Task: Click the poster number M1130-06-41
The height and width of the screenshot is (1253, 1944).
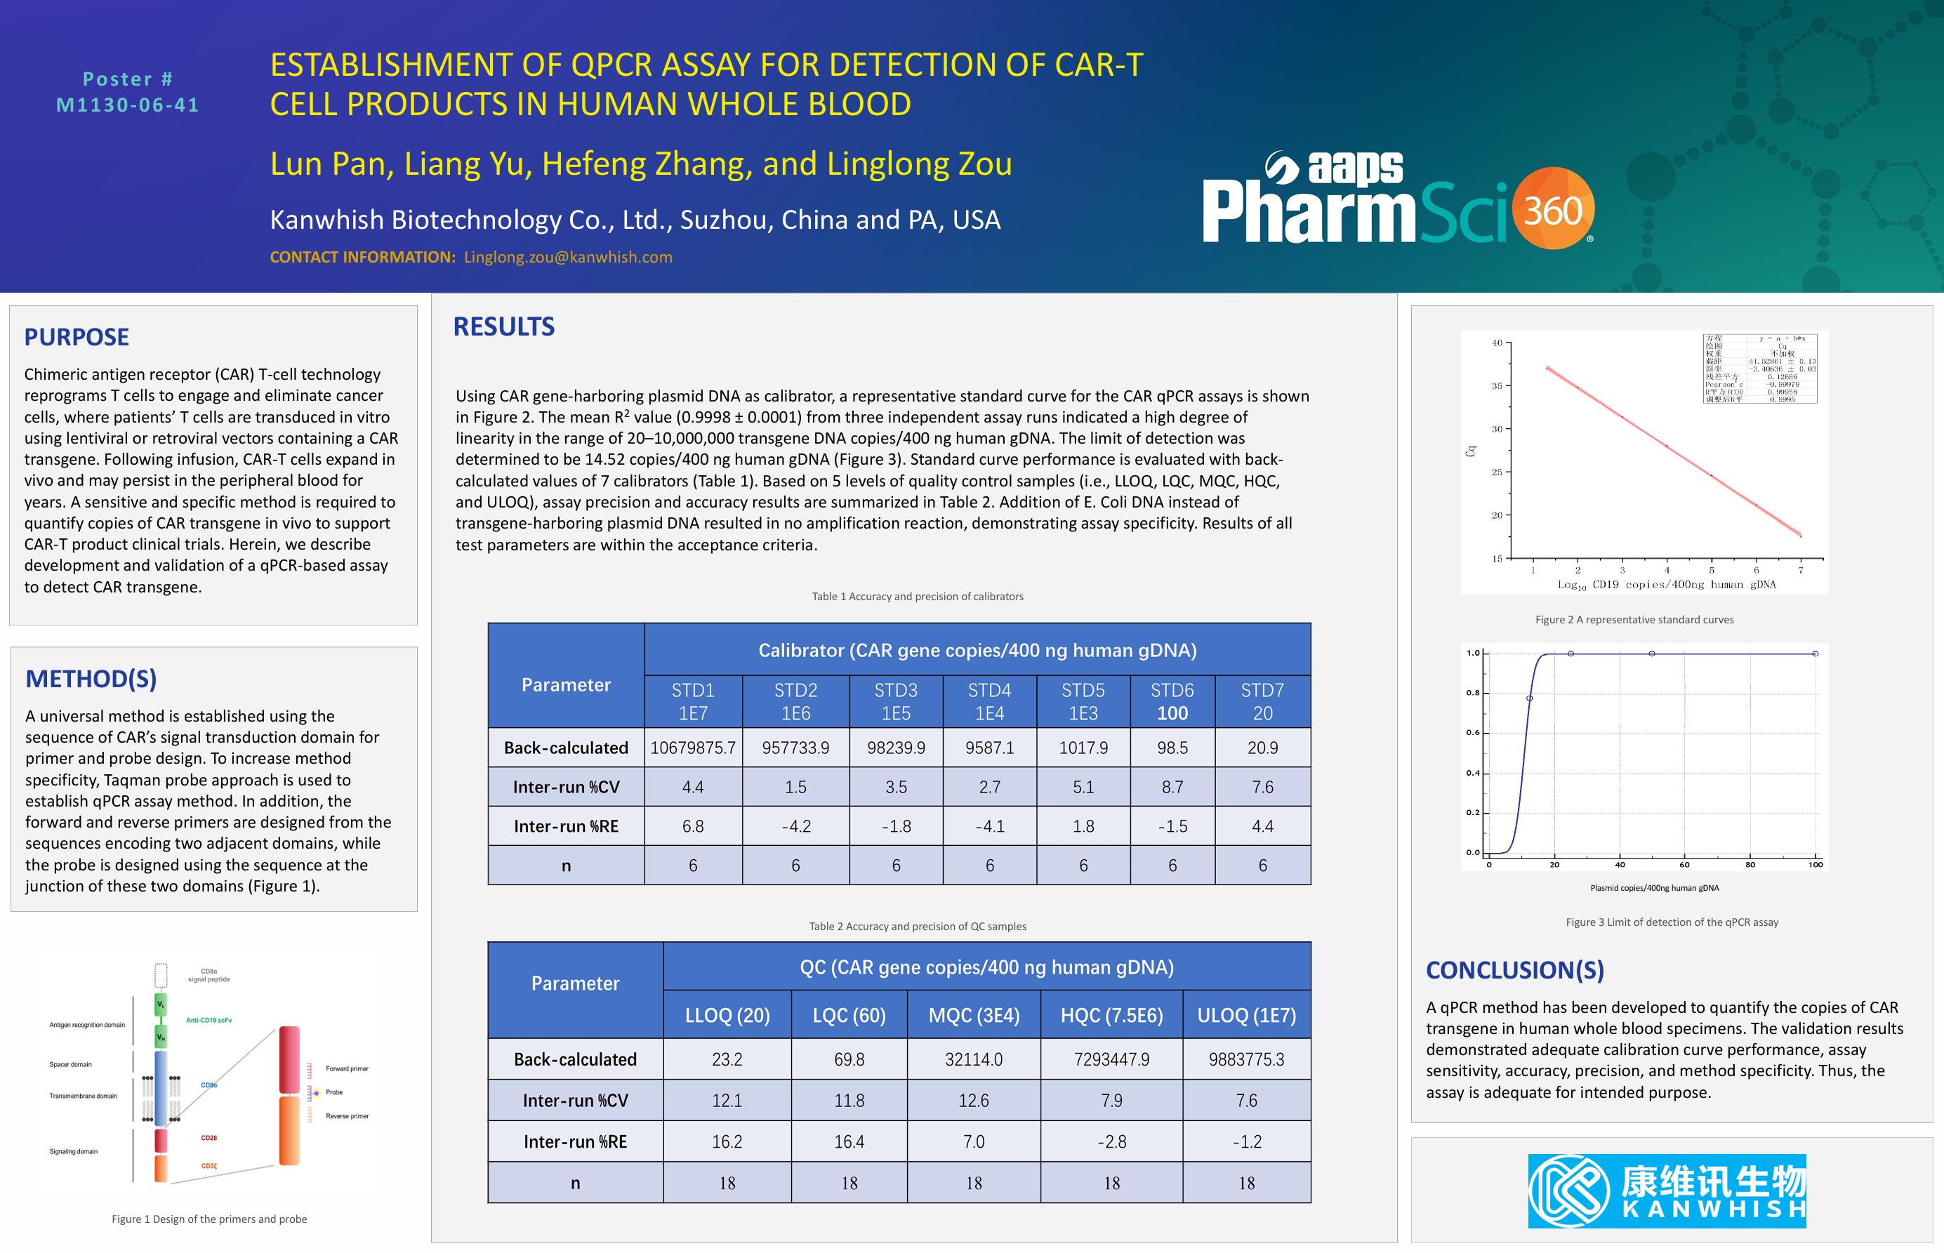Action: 128,105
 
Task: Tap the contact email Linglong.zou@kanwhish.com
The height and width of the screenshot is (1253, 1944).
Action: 568,257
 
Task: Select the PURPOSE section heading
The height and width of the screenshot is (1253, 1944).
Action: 77,337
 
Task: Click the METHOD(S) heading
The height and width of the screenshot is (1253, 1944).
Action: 91,679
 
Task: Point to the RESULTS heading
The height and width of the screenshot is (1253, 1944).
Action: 503,326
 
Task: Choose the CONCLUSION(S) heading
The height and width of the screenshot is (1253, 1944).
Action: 1514,970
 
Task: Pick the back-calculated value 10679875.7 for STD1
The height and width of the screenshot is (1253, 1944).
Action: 692,748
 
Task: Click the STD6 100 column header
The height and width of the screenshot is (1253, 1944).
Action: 1172,701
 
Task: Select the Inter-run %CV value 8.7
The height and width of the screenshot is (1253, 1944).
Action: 1172,787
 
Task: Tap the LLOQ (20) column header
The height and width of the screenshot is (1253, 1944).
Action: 727,1016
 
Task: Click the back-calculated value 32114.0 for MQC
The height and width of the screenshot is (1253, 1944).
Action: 973,1059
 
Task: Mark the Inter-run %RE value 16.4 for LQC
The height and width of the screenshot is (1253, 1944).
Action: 849,1141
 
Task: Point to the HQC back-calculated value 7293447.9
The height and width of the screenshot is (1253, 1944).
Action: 1111,1059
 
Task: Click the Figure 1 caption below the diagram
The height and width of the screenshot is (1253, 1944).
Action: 209,1219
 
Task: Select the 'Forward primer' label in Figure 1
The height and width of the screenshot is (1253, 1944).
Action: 347,1068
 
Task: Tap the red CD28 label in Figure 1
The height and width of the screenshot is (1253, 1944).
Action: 209,1137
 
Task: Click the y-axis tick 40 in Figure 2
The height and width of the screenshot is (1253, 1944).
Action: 1497,343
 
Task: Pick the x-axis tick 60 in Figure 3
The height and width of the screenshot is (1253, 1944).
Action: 1684,864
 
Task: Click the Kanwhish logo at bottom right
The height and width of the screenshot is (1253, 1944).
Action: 1667,1191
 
